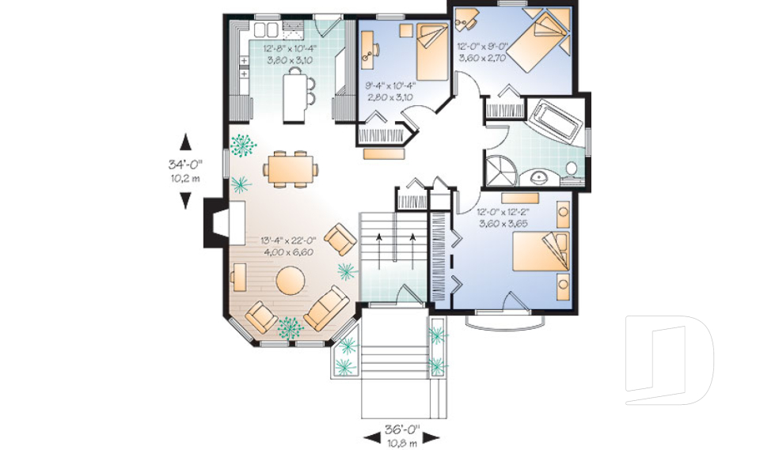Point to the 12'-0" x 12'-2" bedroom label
503,218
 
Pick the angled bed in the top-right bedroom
538,43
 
